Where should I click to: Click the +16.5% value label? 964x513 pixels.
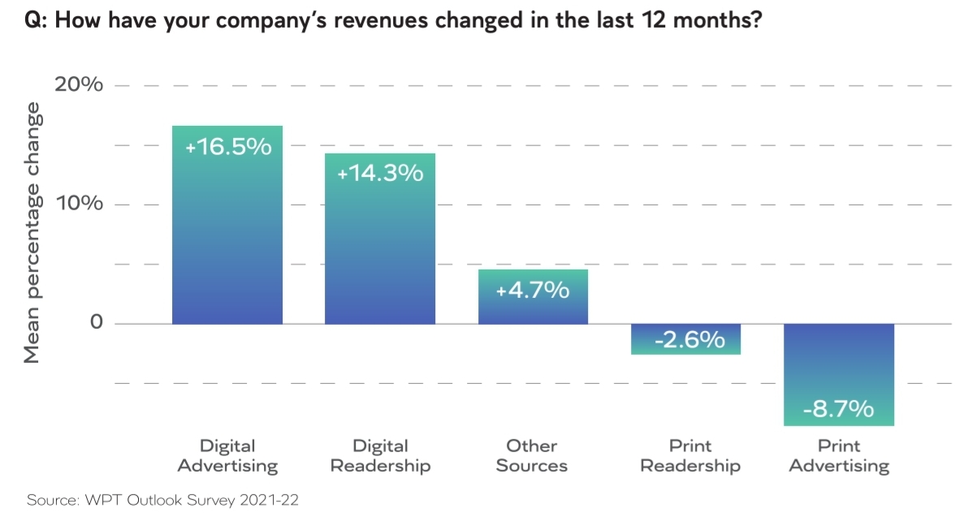227,147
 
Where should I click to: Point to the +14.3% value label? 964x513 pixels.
380,173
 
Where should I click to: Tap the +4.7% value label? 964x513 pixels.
533,289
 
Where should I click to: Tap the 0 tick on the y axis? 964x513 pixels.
97,323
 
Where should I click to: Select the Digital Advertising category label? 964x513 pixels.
227,455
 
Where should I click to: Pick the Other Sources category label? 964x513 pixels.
532,455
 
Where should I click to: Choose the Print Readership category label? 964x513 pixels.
689,455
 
